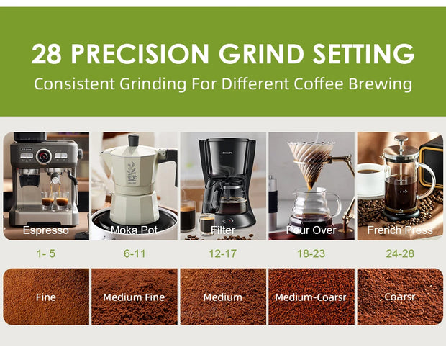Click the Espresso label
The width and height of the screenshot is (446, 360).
[x=46, y=230]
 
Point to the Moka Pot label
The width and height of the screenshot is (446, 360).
[x=134, y=230]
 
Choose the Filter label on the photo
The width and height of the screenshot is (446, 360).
[x=222, y=230]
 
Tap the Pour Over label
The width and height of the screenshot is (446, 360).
[x=311, y=230]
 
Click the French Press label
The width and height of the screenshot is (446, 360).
[x=400, y=230]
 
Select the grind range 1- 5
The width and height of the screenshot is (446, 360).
[x=46, y=254]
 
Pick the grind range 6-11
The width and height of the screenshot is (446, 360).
[x=134, y=254]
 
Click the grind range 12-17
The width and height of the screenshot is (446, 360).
[x=222, y=254]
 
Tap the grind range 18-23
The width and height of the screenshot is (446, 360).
[x=311, y=254]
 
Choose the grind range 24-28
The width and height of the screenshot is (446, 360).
[x=400, y=254]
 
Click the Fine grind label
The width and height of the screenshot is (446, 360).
[x=46, y=297]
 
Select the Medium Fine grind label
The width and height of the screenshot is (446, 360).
[x=134, y=297]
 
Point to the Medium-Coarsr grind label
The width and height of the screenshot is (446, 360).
[x=311, y=297]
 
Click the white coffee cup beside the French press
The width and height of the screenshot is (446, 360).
[x=372, y=178]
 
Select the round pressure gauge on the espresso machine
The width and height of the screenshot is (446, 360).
[x=44, y=156]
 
